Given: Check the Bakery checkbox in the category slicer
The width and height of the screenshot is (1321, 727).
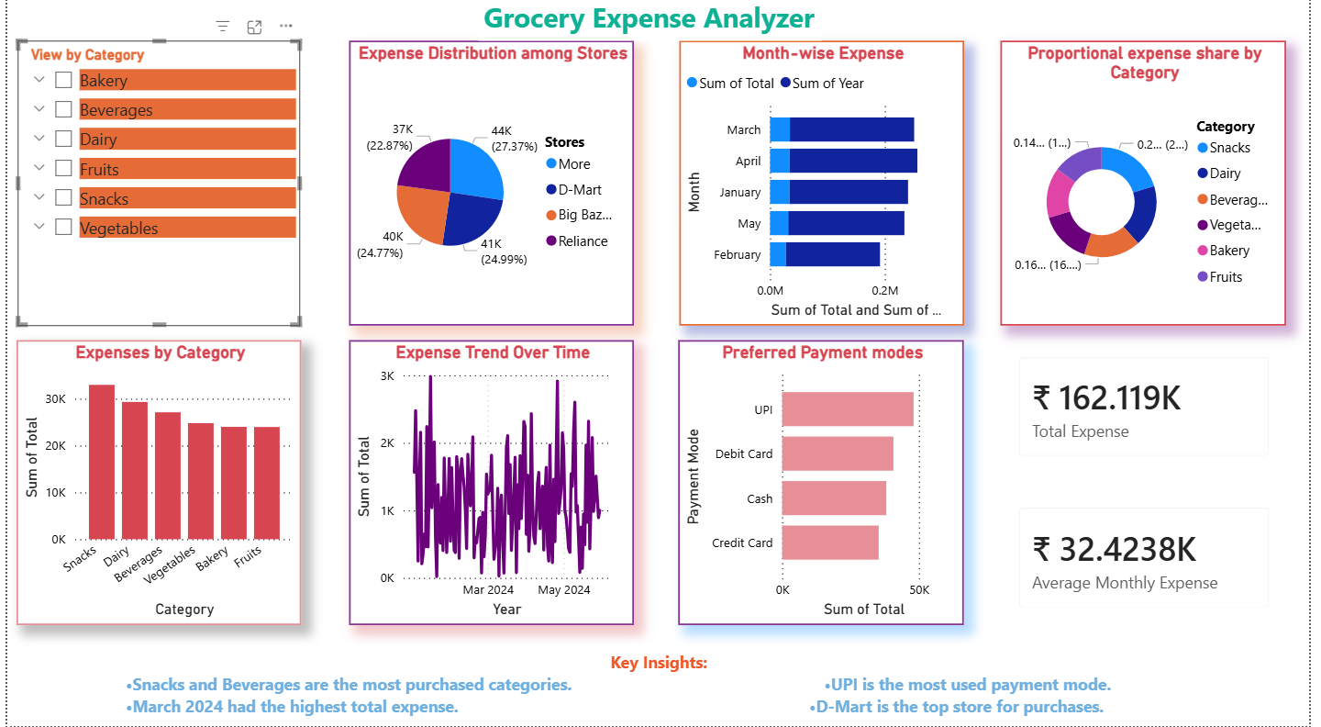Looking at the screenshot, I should (63, 80).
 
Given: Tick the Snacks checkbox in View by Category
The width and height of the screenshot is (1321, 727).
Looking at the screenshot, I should (63, 198).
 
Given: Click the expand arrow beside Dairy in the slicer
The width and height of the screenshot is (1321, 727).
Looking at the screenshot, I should (39, 139).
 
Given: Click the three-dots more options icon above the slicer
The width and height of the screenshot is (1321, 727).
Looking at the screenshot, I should (286, 27).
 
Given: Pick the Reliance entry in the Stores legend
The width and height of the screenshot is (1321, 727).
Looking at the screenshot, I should (583, 241).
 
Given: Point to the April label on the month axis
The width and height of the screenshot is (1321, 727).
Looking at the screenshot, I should (748, 162).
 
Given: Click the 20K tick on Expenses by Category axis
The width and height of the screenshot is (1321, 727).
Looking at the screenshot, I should (55, 446).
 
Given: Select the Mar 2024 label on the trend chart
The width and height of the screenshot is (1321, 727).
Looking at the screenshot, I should (488, 589).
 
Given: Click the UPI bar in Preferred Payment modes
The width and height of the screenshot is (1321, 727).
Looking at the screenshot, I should (847, 409).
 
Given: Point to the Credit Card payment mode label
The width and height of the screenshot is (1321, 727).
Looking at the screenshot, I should (742, 542).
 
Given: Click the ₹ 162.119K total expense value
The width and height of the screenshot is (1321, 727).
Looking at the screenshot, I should (1106, 398).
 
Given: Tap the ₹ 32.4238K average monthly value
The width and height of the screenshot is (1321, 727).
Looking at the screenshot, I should (1114, 549).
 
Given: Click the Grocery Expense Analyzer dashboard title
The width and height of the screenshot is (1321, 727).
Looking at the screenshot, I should (649, 18).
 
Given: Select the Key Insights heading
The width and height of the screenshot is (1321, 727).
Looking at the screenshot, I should (659, 663).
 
